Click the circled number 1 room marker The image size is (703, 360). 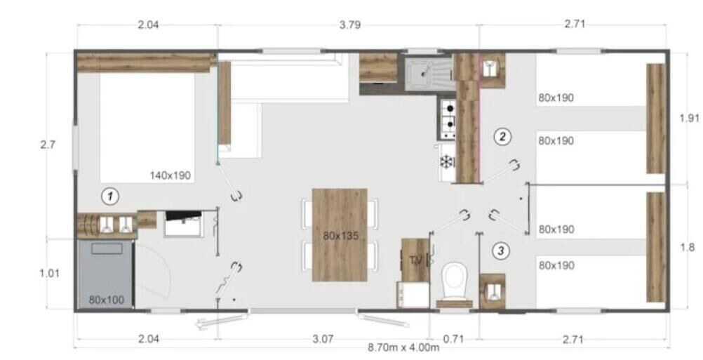point(110,196)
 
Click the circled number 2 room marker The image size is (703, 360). point(502,136)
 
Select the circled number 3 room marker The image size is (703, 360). point(501,251)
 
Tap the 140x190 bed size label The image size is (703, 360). point(170,175)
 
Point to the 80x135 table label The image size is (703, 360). point(341,236)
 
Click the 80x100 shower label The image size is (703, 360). point(106,300)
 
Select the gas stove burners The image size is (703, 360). point(449,119)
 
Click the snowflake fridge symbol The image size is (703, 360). point(446,162)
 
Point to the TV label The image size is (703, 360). point(415,260)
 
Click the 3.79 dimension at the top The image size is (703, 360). point(349,25)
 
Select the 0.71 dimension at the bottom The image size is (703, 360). point(453,340)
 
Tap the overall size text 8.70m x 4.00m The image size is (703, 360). point(403,347)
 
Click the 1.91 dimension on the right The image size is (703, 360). point(689,119)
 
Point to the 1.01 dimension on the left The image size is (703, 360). point(49,273)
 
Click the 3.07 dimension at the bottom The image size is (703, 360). point(323,339)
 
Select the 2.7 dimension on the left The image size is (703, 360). point(48,145)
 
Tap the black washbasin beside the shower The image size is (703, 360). point(183,223)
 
